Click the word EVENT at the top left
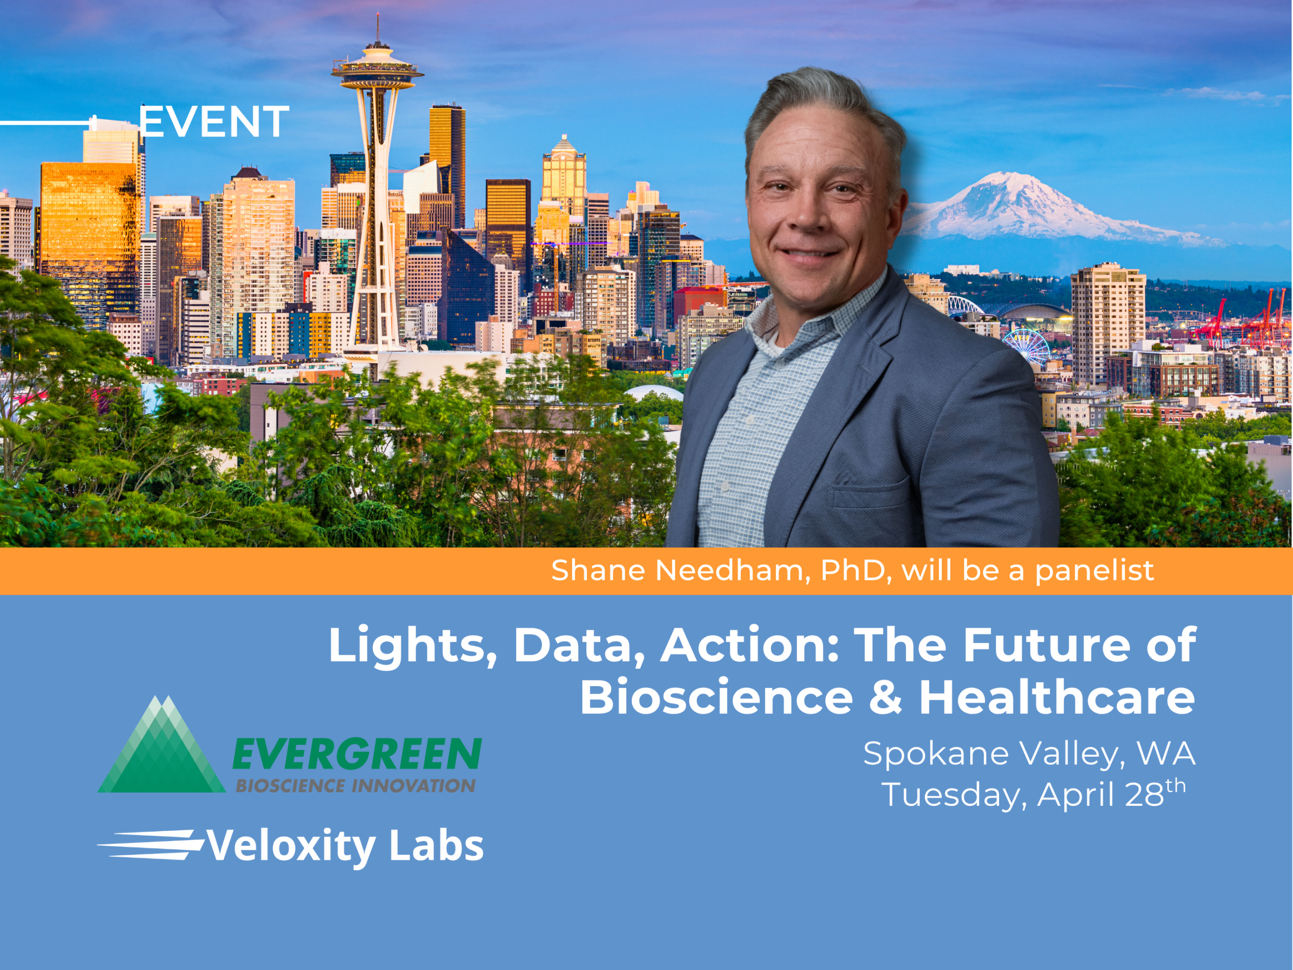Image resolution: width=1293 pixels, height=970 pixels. (213, 122)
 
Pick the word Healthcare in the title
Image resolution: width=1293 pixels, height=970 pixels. (1057, 697)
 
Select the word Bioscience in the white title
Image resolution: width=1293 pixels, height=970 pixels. (716, 698)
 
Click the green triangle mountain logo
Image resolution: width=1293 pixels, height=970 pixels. (161, 744)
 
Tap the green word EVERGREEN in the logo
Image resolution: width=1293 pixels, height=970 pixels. (357, 754)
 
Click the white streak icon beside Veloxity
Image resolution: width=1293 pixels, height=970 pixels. (150, 845)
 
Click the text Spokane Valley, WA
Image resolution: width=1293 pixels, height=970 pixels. (1029, 754)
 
